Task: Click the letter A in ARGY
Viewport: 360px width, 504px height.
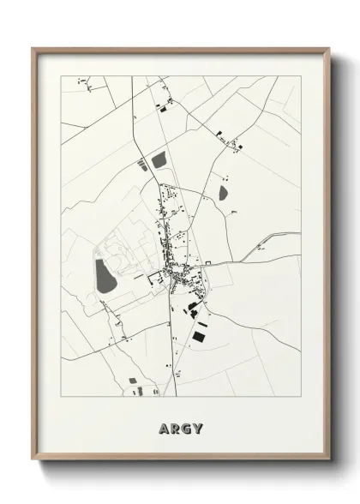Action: [164, 429]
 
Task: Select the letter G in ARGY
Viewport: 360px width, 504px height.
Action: [187, 429]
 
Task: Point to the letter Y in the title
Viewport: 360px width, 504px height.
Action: [198, 429]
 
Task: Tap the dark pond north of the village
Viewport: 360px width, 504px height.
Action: [159, 159]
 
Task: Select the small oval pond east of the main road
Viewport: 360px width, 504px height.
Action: [224, 192]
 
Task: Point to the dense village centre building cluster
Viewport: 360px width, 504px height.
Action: [182, 274]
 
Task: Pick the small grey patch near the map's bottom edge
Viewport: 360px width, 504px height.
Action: [134, 380]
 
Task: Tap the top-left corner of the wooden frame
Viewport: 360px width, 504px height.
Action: [33, 49]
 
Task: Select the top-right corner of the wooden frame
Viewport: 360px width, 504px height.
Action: [328, 49]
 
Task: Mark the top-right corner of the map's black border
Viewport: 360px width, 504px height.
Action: [301, 76]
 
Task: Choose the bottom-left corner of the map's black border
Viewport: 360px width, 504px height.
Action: [61, 397]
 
